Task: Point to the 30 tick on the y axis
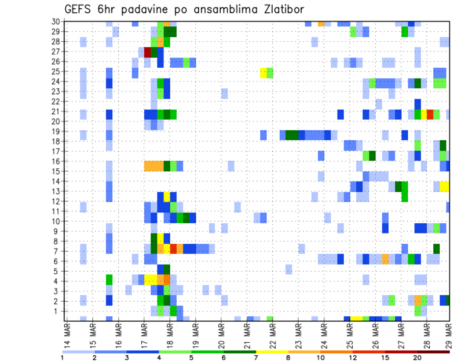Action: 56,22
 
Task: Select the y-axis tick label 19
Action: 56,131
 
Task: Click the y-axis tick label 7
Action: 58,251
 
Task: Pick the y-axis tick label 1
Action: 58,311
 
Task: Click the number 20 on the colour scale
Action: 418,357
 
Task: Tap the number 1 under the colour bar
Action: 62,357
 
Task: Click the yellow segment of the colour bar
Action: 272,352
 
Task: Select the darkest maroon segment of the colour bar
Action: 434,352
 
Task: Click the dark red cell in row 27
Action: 148,52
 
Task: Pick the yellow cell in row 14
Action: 444,186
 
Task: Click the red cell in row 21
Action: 430,114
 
